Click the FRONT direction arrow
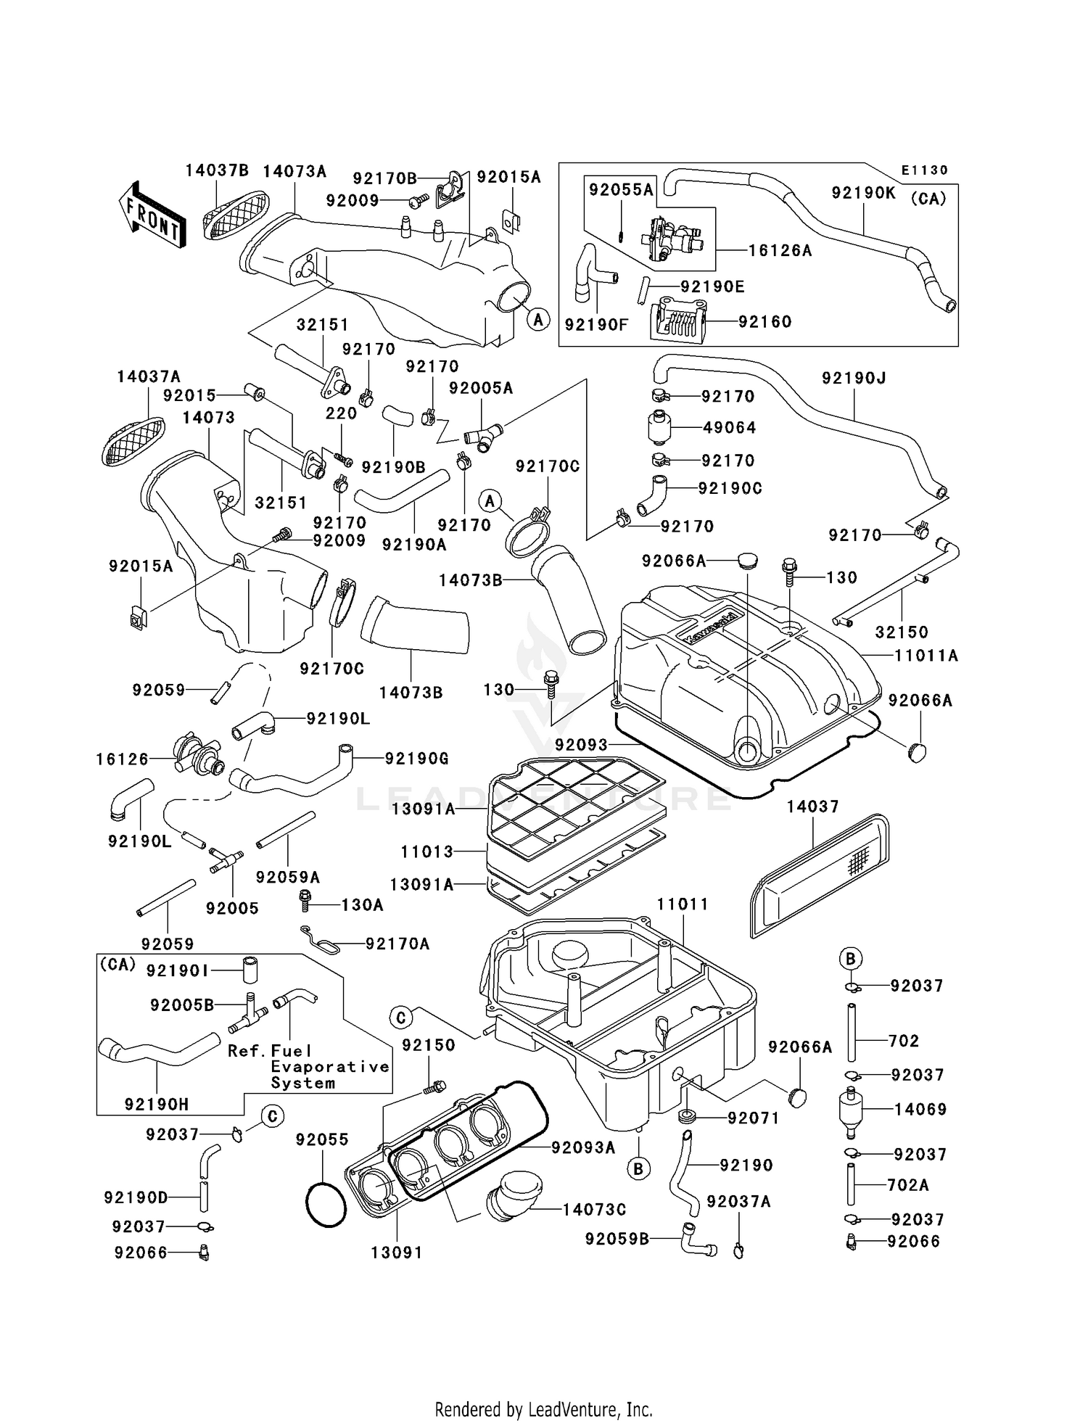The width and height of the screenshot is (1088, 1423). pos(151,215)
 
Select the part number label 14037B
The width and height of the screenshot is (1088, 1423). pos(216,171)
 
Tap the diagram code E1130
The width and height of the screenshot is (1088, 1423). pos(924,170)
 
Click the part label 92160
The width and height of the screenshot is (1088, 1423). pos(765,321)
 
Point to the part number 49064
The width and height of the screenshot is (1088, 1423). pos(729,428)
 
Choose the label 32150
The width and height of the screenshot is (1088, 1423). pos(902,632)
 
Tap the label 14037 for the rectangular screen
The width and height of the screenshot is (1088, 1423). pos(812,807)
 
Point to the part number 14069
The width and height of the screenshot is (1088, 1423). pos(920,1109)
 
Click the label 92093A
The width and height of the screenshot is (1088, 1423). pos(583,1147)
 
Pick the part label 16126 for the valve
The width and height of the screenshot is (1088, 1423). pos(122,759)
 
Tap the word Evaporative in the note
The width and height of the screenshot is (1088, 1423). pos(330,1067)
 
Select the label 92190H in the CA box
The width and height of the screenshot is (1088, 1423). pos(156,1105)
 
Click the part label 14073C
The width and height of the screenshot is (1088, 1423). pos(594,1209)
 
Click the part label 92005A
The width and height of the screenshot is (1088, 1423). pos(480,388)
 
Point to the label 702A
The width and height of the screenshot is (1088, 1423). pos(908,1185)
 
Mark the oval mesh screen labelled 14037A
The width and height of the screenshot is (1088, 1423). pos(132,441)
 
